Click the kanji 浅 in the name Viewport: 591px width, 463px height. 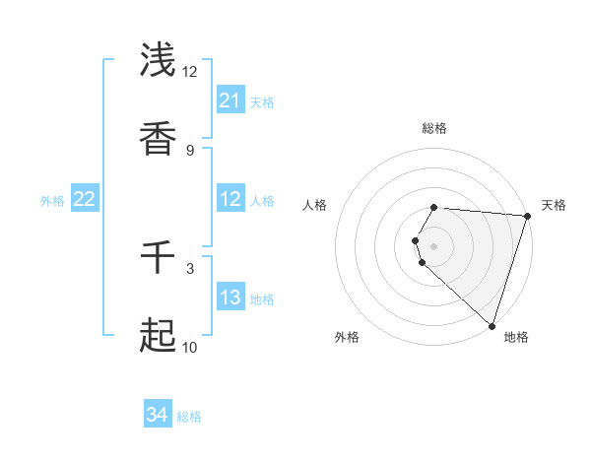click(158, 60)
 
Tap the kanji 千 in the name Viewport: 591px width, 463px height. click(158, 258)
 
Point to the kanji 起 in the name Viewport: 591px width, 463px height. click(158, 336)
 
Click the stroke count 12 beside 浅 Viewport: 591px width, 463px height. click(190, 71)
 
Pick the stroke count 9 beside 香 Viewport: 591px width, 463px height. click(190, 150)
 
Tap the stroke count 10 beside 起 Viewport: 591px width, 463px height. click(189, 347)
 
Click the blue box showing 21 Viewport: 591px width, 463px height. click(230, 100)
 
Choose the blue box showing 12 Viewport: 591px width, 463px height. click(230, 200)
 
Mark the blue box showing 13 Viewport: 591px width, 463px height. click(230, 298)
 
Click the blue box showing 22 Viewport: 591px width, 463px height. click(85, 200)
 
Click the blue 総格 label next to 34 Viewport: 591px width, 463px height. click(190, 417)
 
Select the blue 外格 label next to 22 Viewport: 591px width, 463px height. click(52, 201)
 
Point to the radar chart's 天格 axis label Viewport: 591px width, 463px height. click(554, 205)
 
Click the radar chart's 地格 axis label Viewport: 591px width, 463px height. click(516, 337)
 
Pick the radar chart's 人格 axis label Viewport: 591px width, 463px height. click(314, 205)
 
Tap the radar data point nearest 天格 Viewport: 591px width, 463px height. click(527, 216)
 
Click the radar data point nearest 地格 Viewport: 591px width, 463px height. click(492, 326)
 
